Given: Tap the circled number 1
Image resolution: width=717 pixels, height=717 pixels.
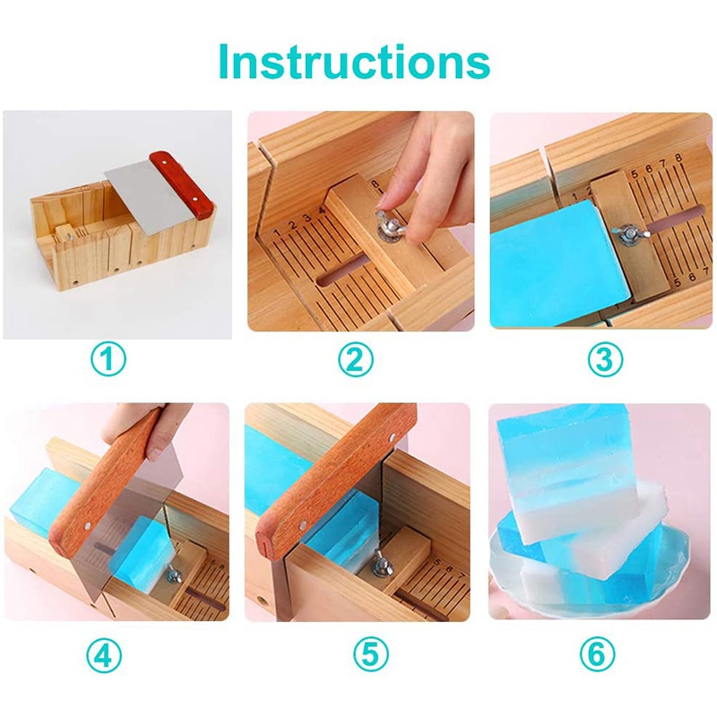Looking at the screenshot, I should point(108,360).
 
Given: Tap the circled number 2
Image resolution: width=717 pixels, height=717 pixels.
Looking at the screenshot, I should point(356,360).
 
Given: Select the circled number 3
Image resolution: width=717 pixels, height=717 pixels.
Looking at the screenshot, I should point(605,360).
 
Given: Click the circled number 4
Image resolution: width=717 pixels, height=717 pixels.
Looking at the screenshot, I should point(108,656).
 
